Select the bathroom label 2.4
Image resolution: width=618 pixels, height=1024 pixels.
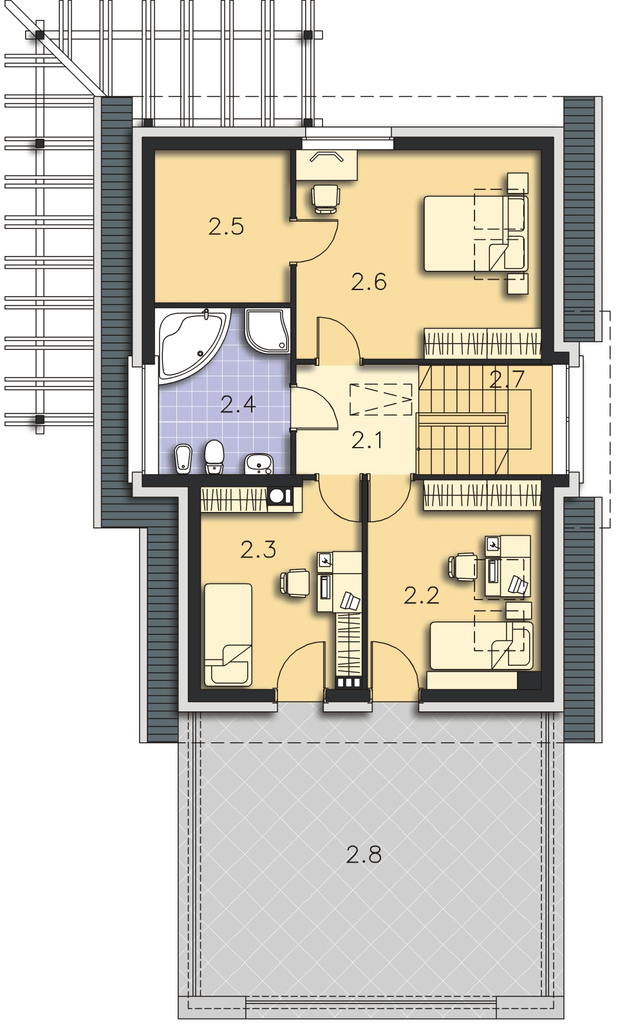point(238,405)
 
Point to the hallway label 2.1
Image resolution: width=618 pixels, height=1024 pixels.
point(368,440)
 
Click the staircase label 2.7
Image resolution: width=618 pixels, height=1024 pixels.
point(505,380)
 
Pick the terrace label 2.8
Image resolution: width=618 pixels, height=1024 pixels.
point(364,855)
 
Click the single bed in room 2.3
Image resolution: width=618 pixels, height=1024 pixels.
point(228,634)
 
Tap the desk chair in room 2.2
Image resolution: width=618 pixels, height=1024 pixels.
point(462,567)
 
